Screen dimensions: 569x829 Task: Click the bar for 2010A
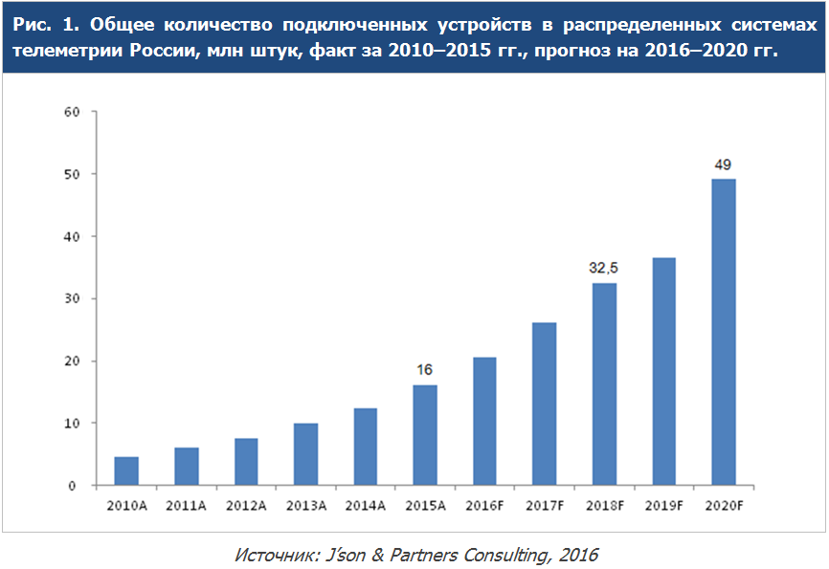coord(126,471)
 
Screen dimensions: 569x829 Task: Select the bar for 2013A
coord(305,454)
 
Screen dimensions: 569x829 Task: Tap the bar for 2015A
coord(425,435)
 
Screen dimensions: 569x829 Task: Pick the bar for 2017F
coord(545,404)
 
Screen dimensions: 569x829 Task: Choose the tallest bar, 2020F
coord(724,332)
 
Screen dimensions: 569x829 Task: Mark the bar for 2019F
coord(664,371)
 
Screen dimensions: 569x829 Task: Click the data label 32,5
coord(604,269)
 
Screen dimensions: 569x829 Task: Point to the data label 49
coord(724,164)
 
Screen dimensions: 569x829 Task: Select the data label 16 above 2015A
coord(425,370)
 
